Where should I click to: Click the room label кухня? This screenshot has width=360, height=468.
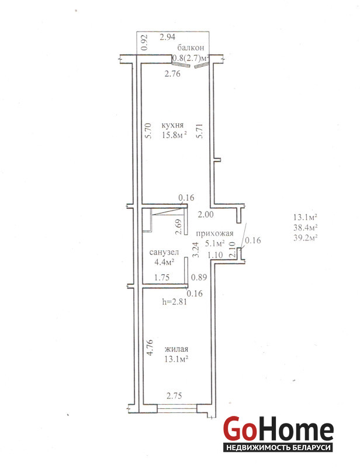[172, 125]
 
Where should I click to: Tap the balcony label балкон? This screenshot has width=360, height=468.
[191, 47]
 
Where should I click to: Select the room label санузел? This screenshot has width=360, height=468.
[164, 252]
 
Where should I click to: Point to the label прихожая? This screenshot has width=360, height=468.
[214, 233]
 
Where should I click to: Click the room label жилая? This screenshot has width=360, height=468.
[176, 349]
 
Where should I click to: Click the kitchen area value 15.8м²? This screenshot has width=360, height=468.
[175, 135]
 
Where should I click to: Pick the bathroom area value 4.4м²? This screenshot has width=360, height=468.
[164, 262]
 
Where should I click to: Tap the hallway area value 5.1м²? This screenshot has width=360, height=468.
[214, 243]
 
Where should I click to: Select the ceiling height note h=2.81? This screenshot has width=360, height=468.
[175, 301]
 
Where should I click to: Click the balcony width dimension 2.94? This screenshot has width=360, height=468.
[167, 37]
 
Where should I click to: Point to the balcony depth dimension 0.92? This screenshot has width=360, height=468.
[144, 42]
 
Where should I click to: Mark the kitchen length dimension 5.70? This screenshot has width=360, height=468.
[149, 130]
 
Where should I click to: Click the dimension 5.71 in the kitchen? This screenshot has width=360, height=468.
[199, 130]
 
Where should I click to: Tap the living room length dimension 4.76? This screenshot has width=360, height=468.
[150, 347]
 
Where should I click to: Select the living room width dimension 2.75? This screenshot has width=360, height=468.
[174, 396]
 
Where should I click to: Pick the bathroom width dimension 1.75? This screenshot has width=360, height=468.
[162, 277]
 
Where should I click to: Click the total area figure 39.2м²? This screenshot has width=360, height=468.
[305, 238]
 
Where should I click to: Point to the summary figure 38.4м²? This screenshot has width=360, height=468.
[305, 228]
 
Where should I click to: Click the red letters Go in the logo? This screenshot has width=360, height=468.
[240, 429]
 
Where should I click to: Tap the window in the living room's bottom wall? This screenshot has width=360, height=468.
[177, 408]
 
